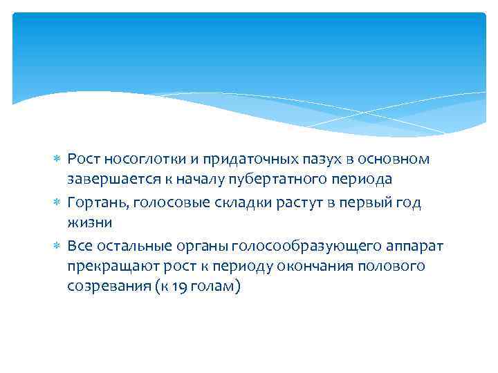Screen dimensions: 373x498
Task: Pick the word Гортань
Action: pos(96,202)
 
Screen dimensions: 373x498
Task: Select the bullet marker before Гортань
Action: pos(57,202)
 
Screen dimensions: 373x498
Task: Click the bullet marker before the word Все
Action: pos(57,247)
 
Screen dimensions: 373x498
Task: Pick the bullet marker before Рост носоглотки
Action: pos(57,160)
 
